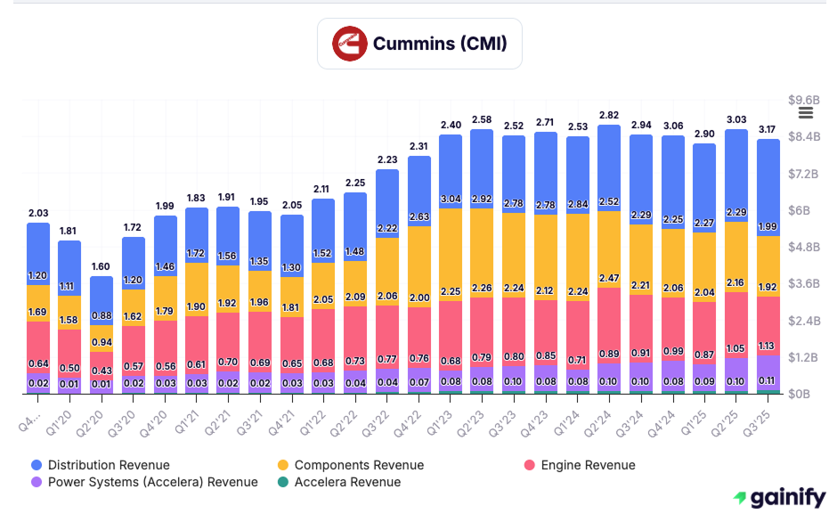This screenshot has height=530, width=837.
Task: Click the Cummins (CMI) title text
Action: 439,43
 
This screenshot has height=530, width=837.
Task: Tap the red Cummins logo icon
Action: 350,44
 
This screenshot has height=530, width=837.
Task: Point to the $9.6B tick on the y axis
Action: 804,100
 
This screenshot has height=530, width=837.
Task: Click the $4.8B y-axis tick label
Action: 804,247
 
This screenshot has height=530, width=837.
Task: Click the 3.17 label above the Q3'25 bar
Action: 768,129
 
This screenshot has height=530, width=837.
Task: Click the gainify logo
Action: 778,498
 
